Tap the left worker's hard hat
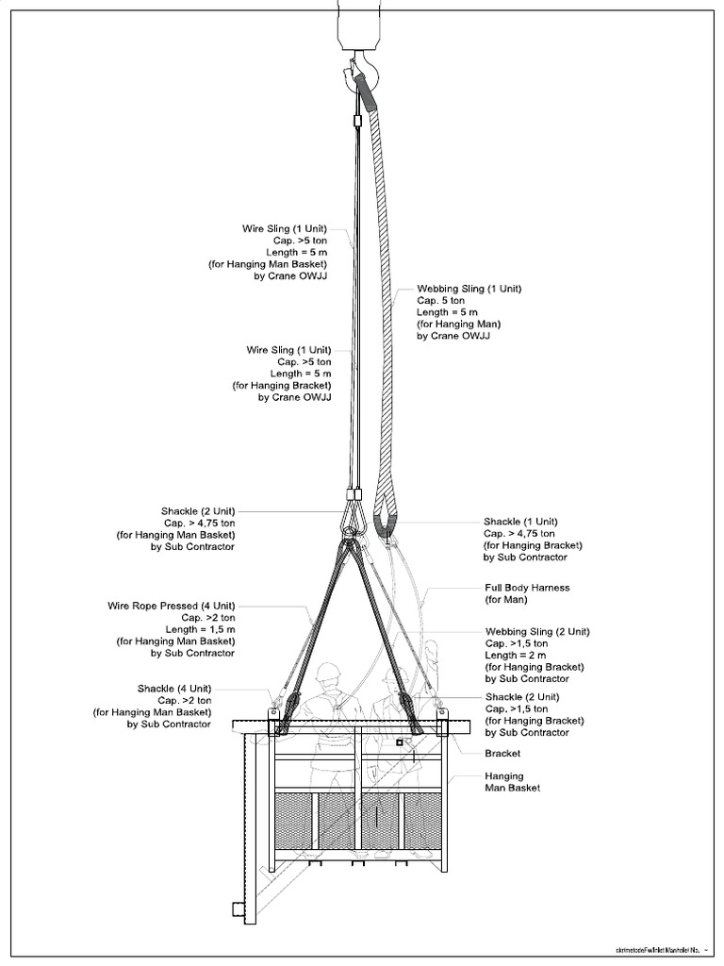click(x=328, y=672)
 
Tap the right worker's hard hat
click(x=395, y=675)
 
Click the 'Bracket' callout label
click(x=502, y=754)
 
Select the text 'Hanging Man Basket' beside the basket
click(x=513, y=782)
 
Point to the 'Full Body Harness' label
click(x=527, y=588)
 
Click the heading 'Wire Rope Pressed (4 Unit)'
click(x=171, y=606)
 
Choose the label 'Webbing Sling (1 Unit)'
click(x=469, y=289)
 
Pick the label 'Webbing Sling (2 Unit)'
click(x=537, y=632)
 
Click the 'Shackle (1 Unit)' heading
click(x=521, y=522)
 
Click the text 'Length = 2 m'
click(x=517, y=656)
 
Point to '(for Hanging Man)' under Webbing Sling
click(x=461, y=324)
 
